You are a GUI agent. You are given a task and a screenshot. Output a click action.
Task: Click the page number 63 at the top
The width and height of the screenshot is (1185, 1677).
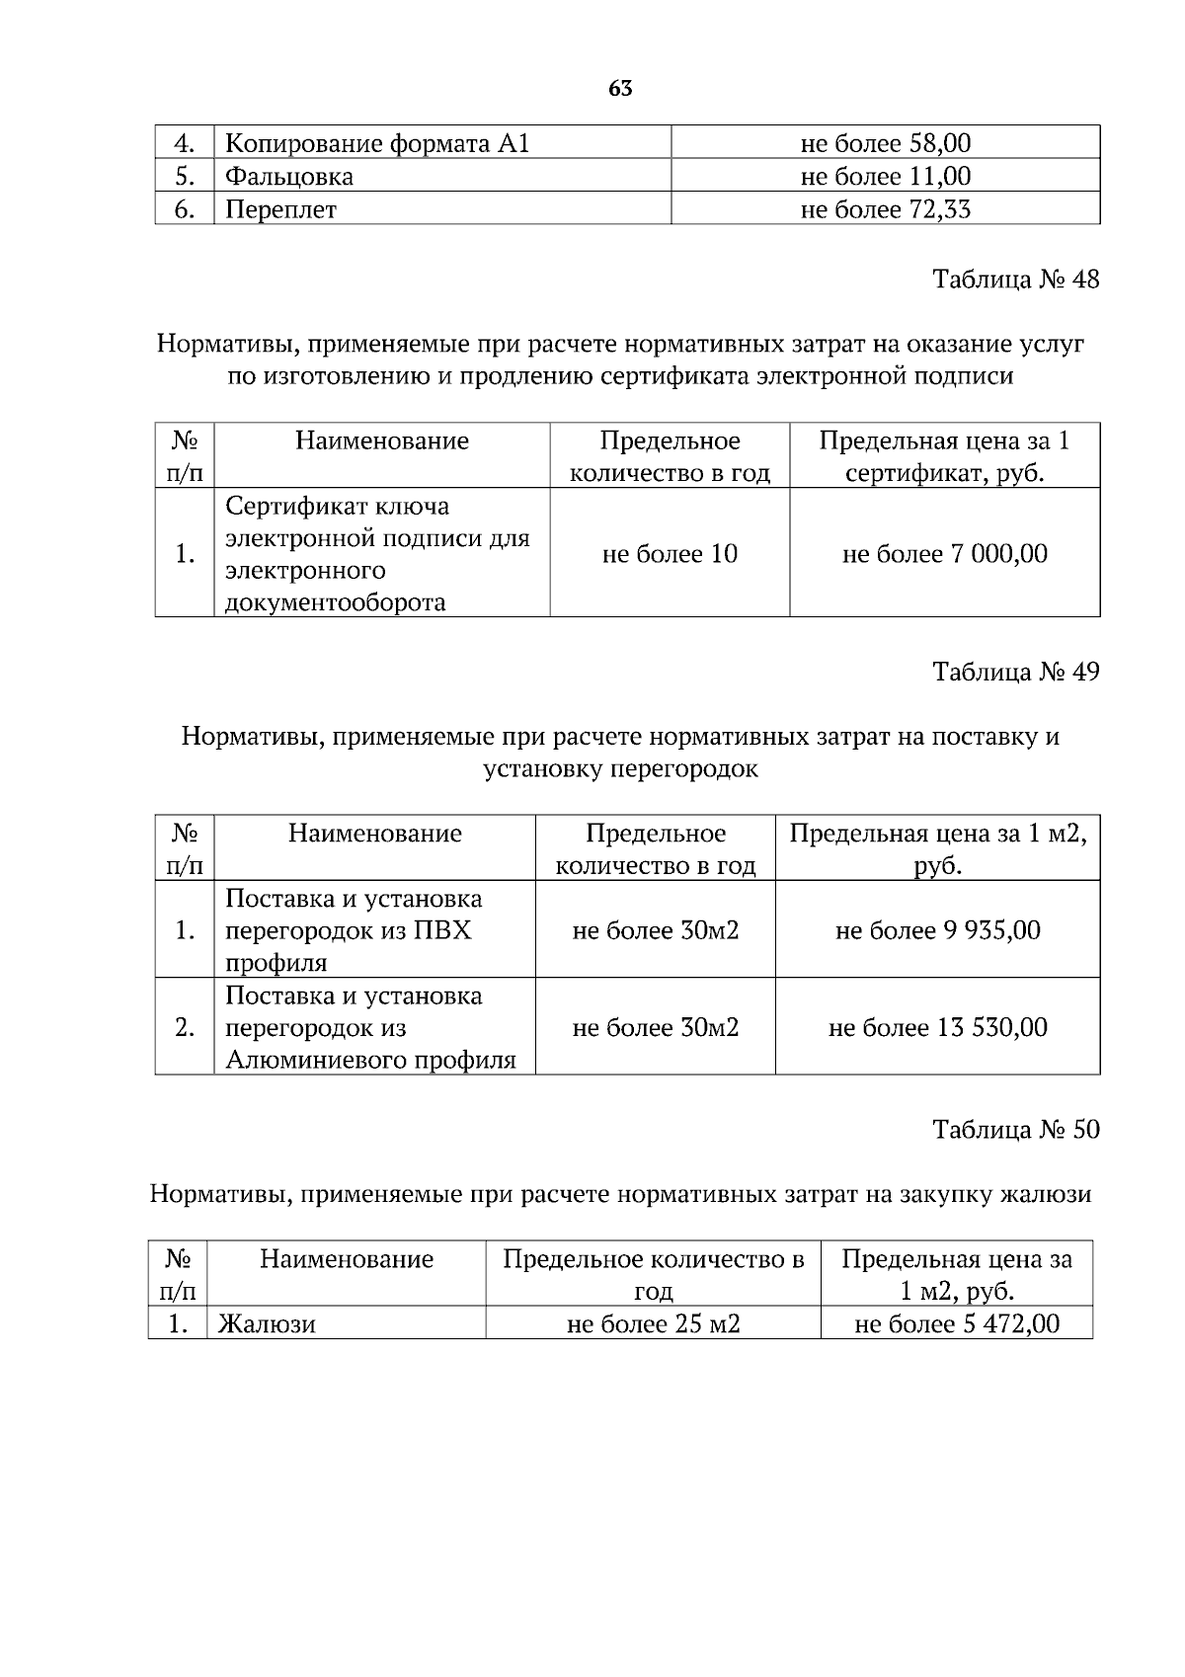pos(620,89)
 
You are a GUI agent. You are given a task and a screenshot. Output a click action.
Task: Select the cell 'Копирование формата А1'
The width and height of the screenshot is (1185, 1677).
pos(378,144)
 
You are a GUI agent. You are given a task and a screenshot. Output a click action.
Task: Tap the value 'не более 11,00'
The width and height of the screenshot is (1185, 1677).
pos(885,177)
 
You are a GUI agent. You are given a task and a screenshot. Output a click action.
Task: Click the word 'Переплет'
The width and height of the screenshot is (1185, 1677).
pos(280,210)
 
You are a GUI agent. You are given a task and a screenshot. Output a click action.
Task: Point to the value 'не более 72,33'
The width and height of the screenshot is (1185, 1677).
pos(885,210)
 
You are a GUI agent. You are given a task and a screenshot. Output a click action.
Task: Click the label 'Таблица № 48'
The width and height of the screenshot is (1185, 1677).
pos(1016,279)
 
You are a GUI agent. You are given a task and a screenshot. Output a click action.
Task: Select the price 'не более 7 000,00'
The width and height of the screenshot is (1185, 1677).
pos(944,554)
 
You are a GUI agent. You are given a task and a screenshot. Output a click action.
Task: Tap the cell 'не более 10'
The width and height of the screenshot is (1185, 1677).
pos(670,554)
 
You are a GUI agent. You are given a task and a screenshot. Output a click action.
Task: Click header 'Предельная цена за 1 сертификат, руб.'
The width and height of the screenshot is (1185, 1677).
pos(944,456)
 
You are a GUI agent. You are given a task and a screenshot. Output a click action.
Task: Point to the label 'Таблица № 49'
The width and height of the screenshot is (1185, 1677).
pos(1016,673)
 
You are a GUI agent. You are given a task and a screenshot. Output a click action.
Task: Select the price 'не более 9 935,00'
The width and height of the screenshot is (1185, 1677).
pos(937,930)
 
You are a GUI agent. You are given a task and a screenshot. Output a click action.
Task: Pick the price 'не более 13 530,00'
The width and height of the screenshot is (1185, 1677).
pos(937,1028)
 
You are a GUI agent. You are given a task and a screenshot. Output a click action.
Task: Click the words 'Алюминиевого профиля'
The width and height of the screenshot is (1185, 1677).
pos(370,1061)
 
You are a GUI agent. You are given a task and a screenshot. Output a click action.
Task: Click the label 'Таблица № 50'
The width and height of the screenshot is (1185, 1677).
pos(1016,1130)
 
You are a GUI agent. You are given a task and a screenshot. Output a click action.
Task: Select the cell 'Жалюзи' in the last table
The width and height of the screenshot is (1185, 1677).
pos(267,1324)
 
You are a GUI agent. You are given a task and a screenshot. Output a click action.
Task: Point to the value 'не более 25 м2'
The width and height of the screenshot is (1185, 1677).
pos(653,1324)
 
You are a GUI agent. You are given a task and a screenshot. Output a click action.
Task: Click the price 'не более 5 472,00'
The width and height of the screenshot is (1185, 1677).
pos(956,1324)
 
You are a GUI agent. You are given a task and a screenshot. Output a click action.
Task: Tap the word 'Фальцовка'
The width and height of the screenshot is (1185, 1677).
pos(288,177)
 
